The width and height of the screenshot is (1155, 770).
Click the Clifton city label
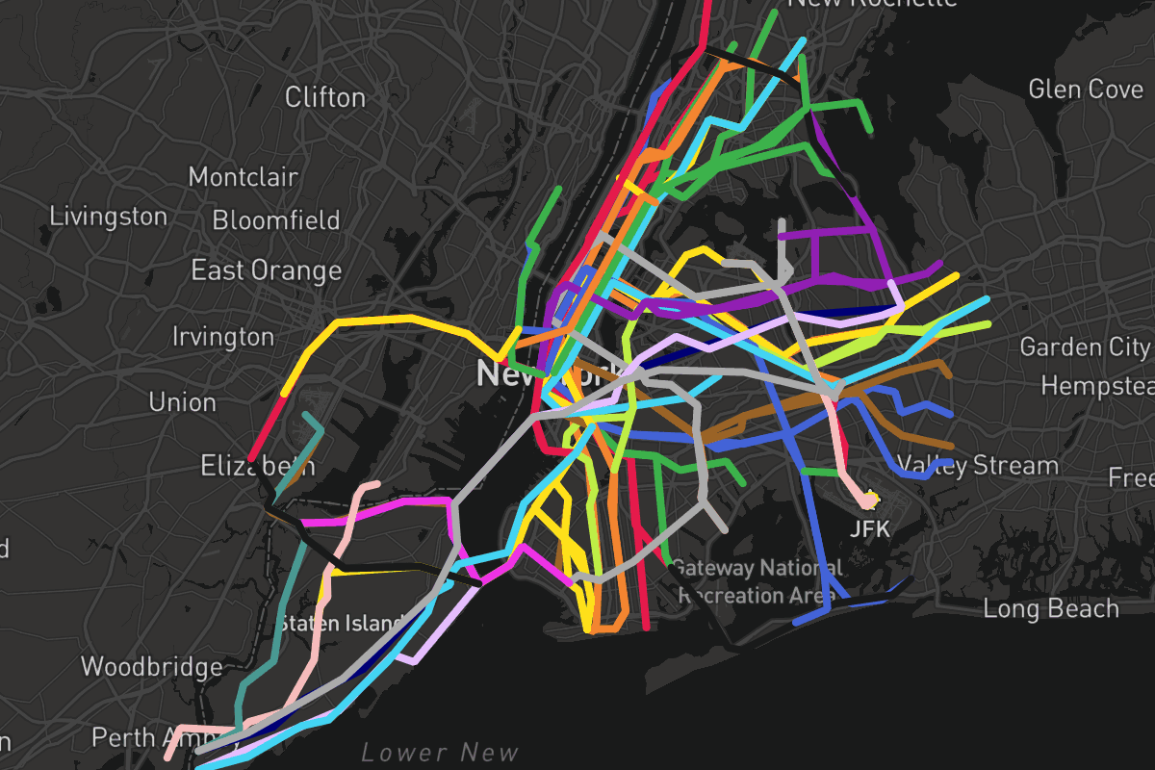[325, 97]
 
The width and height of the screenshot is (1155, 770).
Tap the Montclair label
[244, 177]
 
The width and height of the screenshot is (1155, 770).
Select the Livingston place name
[108, 217]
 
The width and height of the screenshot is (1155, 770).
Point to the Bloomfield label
[276, 220]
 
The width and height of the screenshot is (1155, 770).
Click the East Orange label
[267, 270]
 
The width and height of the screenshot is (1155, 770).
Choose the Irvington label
[223, 337]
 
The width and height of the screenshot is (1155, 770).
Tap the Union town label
[183, 401]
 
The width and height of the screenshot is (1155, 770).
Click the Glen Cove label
[1086, 90]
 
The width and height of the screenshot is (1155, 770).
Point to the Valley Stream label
[978, 466]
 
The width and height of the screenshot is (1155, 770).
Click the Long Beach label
[1051, 608]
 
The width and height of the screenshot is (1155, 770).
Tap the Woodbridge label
[151, 666]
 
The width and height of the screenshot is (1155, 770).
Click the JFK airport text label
[870, 528]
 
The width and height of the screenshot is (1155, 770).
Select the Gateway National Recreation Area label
[756, 581]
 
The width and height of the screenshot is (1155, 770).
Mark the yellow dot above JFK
[871, 499]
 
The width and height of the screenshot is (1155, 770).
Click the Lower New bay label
[440, 753]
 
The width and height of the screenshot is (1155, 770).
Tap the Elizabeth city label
[257, 467]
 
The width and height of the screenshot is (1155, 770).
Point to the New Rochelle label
[872, 3]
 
